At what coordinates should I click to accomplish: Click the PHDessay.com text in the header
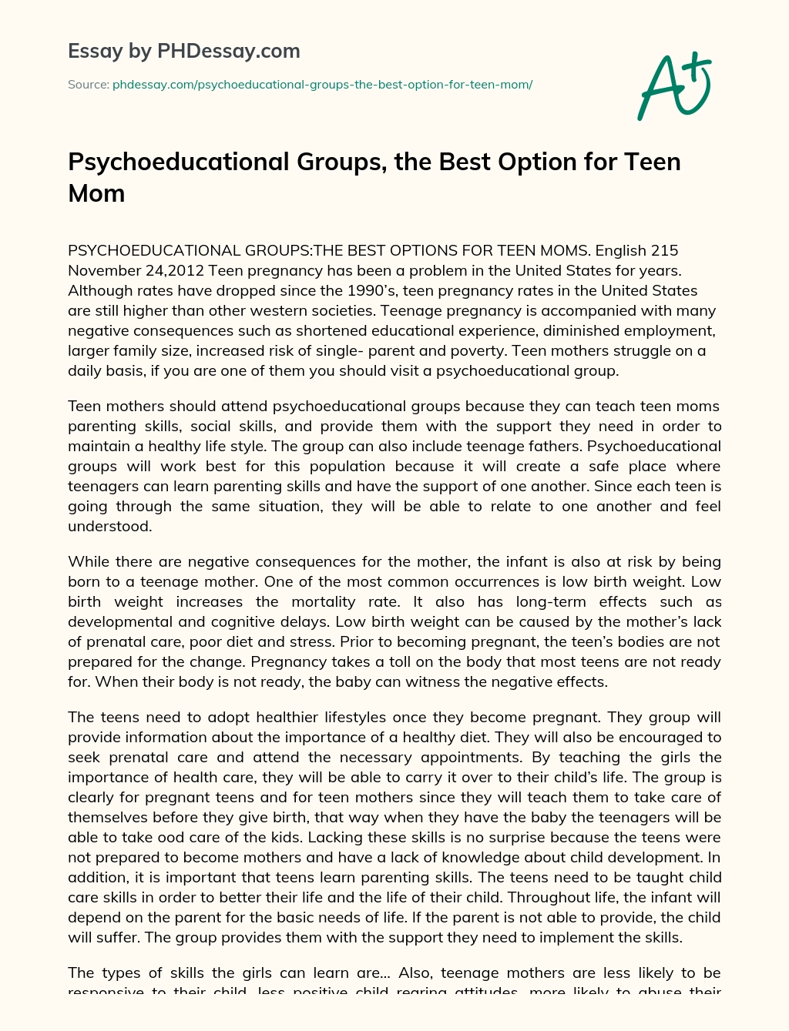229,52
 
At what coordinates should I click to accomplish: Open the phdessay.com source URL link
322,85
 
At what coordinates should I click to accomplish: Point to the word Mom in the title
96,193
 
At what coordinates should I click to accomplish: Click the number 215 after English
664,251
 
